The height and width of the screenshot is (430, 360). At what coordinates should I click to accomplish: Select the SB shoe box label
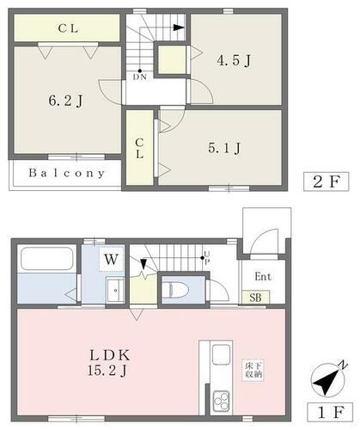pyautogui.click(x=256, y=297)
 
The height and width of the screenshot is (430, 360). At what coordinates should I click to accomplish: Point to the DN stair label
pyautogui.click(x=140, y=77)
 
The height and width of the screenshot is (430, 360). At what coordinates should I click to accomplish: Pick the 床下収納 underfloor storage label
pyautogui.click(x=253, y=371)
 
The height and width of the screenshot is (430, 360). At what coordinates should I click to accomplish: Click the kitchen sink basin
pyautogui.click(x=219, y=355)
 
